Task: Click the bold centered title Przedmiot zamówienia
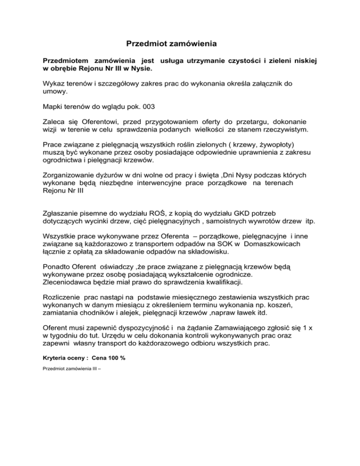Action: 172,45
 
